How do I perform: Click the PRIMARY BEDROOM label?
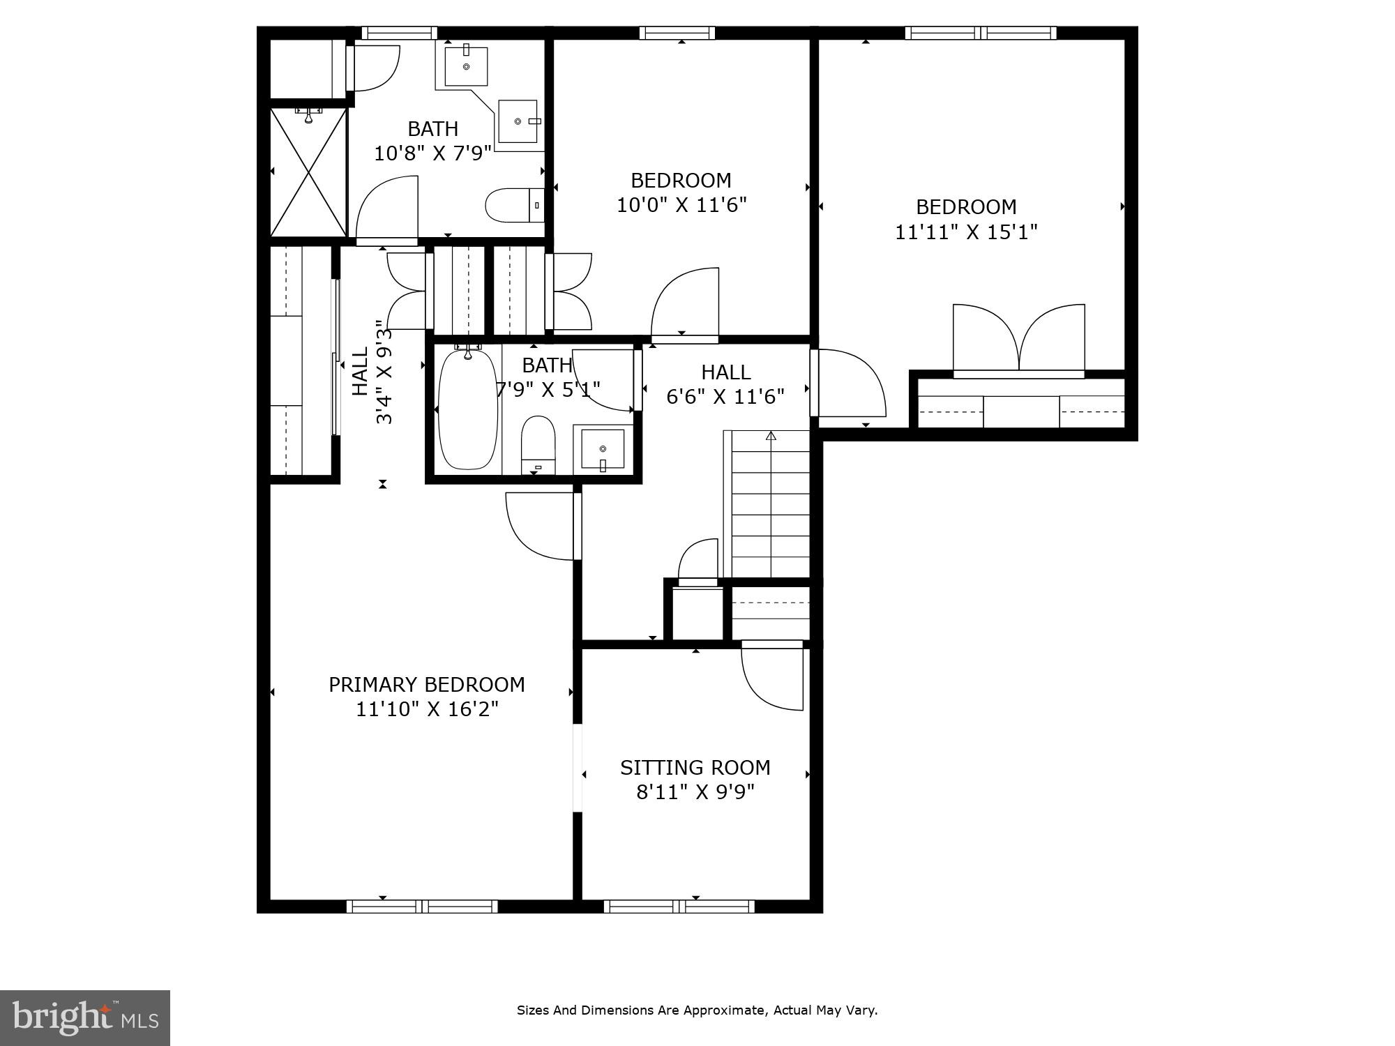click(426, 685)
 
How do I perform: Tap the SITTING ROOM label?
click(695, 768)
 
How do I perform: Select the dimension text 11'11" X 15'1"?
click(966, 232)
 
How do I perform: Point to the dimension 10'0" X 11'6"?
click(681, 205)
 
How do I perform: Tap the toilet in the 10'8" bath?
click(513, 205)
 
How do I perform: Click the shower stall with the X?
click(308, 172)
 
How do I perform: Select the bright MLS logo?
click(84, 1018)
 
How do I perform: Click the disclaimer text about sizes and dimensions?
click(697, 1010)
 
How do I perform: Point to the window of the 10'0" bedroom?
click(677, 33)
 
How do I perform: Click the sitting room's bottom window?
click(679, 907)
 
